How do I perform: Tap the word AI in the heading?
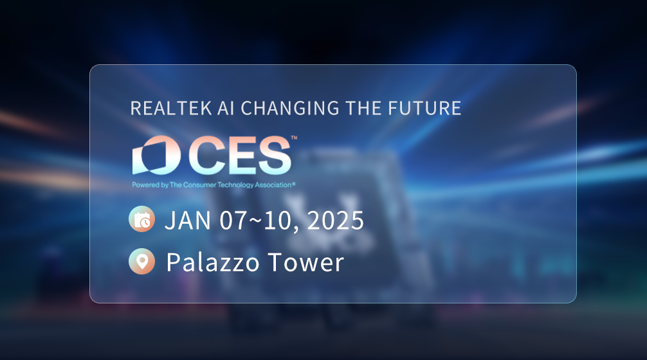[x=226, y=108]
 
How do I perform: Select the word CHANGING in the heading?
[x=290, y=108]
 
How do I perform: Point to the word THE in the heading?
[x=364, y=108]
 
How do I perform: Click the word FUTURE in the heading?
[x=424, y=108]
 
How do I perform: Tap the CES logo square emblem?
[x=156, y=155]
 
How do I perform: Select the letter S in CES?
[x=273, y=155]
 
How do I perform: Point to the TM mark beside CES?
[x=294, y=138]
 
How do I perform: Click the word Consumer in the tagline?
[x=199, y=184]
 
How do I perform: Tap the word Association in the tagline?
[x=273, y=184]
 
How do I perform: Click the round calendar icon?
[x=142, y=219]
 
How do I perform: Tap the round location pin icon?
[x=142, y=261]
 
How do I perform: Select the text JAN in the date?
[x=188, y=221]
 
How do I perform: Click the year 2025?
[x=336, y=221]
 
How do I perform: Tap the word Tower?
[x=305, y=262]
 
